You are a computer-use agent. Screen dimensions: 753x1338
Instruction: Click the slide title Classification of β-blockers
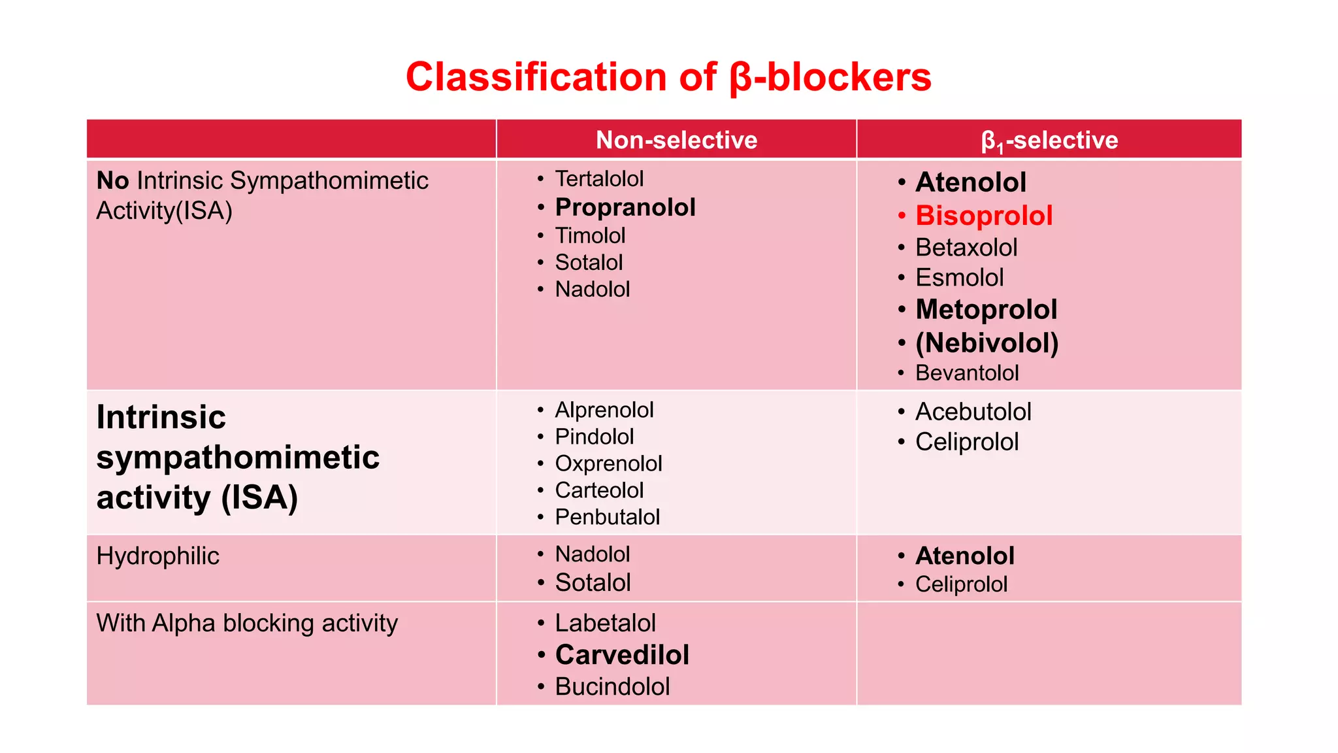coord(668,77)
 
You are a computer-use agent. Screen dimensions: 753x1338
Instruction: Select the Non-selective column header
coord(676,140)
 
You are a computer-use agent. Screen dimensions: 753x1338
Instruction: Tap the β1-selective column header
coord(1049,140)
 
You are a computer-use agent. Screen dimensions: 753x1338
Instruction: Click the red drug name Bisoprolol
coord(983,216)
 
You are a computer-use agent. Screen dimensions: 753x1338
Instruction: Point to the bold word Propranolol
coord(625,207)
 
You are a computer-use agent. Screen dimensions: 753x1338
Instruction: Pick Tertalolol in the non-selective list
coord(598,178)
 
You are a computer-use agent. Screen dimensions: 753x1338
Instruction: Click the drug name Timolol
coord(589,235)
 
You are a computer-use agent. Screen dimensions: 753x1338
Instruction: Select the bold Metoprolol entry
coord(986,309)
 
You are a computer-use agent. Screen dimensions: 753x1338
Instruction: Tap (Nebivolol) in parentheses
coord(987,343)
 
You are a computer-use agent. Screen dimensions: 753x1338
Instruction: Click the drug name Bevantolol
coord(966,373)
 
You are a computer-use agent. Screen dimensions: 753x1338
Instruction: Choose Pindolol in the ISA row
coord(594,437)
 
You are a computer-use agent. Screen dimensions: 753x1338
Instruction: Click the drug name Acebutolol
coord(973,412)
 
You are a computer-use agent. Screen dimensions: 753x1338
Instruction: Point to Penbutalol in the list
coord(607,517)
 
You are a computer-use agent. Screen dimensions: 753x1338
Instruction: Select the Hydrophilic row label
coord(157,556)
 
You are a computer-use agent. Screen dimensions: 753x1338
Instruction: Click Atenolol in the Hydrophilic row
coord(964,556)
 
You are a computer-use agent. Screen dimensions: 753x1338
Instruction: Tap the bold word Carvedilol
coord(622,655)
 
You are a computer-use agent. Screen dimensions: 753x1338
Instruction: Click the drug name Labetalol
coord(605,623)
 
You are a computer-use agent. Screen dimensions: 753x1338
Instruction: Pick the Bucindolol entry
coord(612,686)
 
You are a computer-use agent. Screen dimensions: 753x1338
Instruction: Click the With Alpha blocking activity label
coord(247,623)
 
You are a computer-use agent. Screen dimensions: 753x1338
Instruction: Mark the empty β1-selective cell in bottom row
coord(1049,654)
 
